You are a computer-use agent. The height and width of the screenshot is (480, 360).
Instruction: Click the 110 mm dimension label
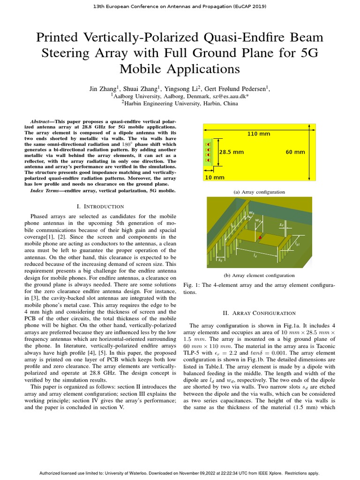pos(258,134)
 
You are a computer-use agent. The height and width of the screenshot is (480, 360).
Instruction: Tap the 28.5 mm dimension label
pos(231,152)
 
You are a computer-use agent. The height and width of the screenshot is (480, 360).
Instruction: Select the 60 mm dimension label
pos(295,152)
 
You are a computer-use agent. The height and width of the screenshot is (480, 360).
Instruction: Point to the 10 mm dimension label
pos(215,178)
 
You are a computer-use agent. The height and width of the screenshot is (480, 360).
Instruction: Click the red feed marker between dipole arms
pos(260,238)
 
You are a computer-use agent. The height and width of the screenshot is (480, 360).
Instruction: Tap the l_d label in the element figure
pos(255,256)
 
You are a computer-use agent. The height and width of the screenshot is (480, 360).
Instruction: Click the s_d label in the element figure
pos(281,225)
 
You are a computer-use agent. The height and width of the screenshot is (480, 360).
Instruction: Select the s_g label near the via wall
pos(220,259)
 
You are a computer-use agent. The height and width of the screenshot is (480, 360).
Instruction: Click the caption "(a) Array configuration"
pos(259,192)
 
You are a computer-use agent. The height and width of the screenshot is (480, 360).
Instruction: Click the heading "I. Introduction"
pos(100,206)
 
